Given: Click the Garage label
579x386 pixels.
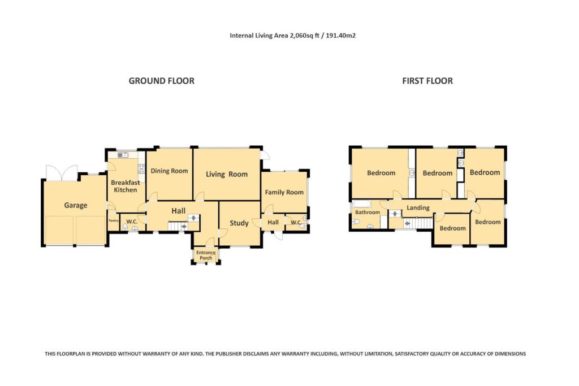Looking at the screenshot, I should pos(75,205).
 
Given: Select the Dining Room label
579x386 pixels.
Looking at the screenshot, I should pos(169,171).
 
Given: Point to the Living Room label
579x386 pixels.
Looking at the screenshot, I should pos(226,174).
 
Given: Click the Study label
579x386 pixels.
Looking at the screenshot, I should pos(239,223).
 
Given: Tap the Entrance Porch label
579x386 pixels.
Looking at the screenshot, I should pos(206,255).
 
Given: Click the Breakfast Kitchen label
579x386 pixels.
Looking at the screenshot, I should pos(125,186).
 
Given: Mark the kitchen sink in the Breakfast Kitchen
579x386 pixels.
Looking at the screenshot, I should pos(123,154).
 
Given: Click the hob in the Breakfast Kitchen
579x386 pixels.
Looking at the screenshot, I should pos(141,168).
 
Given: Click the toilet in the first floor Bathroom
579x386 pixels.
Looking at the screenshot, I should pos(355,222).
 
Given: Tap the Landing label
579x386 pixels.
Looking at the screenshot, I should pos(418,207).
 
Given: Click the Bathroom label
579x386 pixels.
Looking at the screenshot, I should pos(368,212).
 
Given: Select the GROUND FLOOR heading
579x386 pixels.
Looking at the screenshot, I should pos(161,81).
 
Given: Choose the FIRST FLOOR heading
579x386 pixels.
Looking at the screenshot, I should pos(427,81).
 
